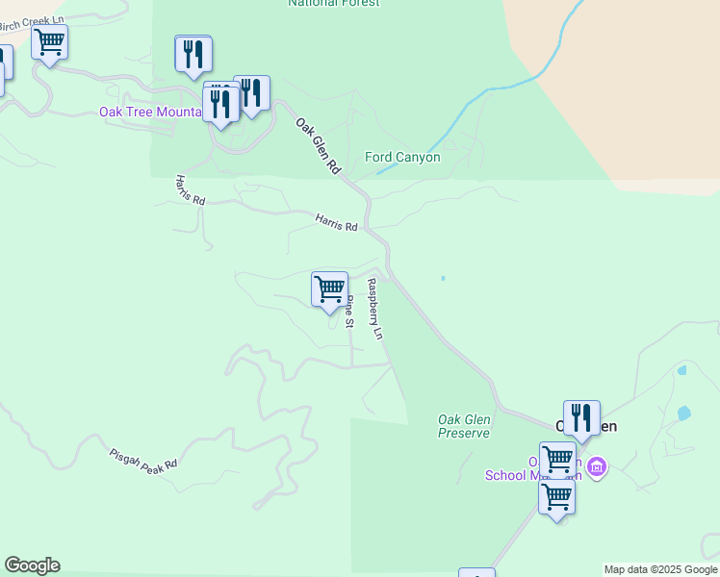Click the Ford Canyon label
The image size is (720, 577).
(x=402, y=157)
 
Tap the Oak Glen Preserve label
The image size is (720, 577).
(x=464, y=426)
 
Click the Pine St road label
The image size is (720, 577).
(x=350, y=313)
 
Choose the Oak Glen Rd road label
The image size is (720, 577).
(x=319, y=146)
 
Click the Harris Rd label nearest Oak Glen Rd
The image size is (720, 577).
(x=336, y=222)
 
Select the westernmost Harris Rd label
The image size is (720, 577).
(x=191, y=189)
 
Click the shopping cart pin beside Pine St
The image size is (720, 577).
(x=330, y=288)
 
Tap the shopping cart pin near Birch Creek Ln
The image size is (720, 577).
(x=49, y=42)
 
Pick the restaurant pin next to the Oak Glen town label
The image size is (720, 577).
(x=581, y=417)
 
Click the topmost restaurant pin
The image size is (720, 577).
(x=193, y=54)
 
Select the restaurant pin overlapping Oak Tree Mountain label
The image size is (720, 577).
(x=221, y=103)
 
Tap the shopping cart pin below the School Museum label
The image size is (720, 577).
(x=556, y=498)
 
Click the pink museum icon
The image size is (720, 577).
(x=596, y=468)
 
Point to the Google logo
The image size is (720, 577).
(x=32, y=565)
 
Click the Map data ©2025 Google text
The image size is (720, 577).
(x=660, y=569)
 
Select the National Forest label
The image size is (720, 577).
(x=334, y=4)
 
